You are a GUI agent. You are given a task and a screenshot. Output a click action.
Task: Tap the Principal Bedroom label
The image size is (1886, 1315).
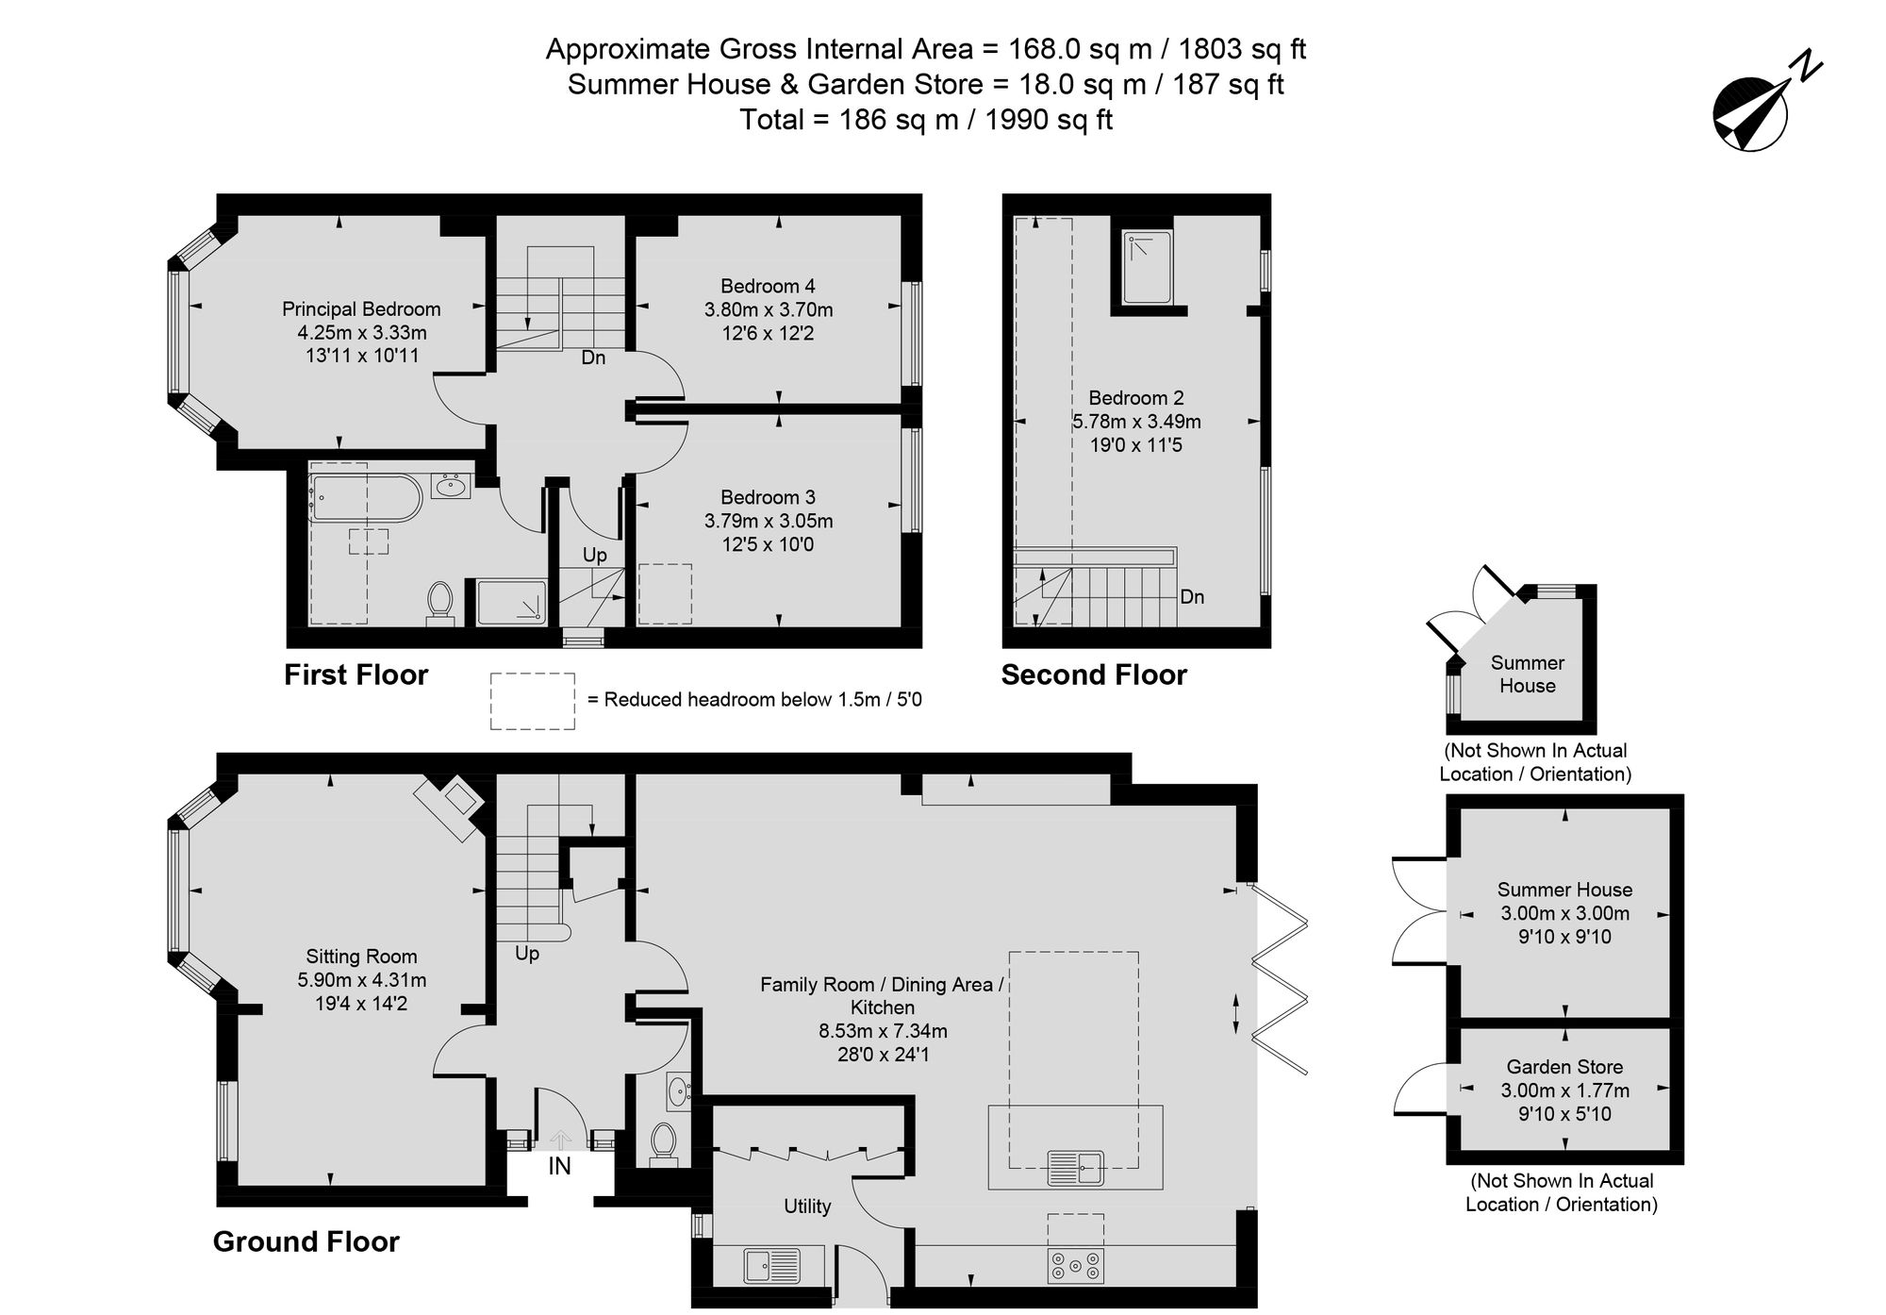(361, 309)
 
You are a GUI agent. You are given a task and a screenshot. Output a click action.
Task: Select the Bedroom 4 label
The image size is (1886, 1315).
(768, 286)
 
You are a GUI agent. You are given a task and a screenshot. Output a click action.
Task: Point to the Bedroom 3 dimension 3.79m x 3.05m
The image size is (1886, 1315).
(769, 521)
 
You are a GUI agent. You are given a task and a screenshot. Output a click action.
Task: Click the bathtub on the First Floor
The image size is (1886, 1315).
(365, 498)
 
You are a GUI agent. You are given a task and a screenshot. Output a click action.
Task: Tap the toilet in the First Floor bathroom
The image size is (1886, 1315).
(439, 604)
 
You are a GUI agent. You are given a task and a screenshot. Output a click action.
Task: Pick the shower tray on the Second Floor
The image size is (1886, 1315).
(1147, 268)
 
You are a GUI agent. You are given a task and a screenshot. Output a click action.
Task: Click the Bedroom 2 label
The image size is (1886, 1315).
(1136, 398)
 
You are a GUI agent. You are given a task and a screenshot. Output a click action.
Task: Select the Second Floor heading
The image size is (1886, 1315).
(1094, 674)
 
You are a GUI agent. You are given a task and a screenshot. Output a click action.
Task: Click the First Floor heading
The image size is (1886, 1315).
(356, 674)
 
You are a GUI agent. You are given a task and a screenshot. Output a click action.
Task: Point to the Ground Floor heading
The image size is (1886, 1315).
(306, 1241)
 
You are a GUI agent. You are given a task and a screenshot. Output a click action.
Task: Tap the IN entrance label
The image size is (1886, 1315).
(560, 1167)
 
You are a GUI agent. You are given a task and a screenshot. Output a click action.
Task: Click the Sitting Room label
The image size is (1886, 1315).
(361, 957)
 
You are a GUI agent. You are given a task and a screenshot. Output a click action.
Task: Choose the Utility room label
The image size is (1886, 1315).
(807, 1207)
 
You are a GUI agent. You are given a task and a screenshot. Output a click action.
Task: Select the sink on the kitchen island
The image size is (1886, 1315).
(1076, 1169)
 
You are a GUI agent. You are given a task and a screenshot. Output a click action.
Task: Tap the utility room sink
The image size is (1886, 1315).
(772, 1266)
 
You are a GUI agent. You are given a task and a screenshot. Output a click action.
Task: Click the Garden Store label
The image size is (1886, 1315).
(1564, 1067)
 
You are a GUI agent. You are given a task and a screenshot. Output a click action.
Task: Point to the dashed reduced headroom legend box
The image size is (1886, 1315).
(533, 701)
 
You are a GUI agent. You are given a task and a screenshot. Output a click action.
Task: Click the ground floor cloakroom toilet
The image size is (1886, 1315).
(664, 1144)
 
